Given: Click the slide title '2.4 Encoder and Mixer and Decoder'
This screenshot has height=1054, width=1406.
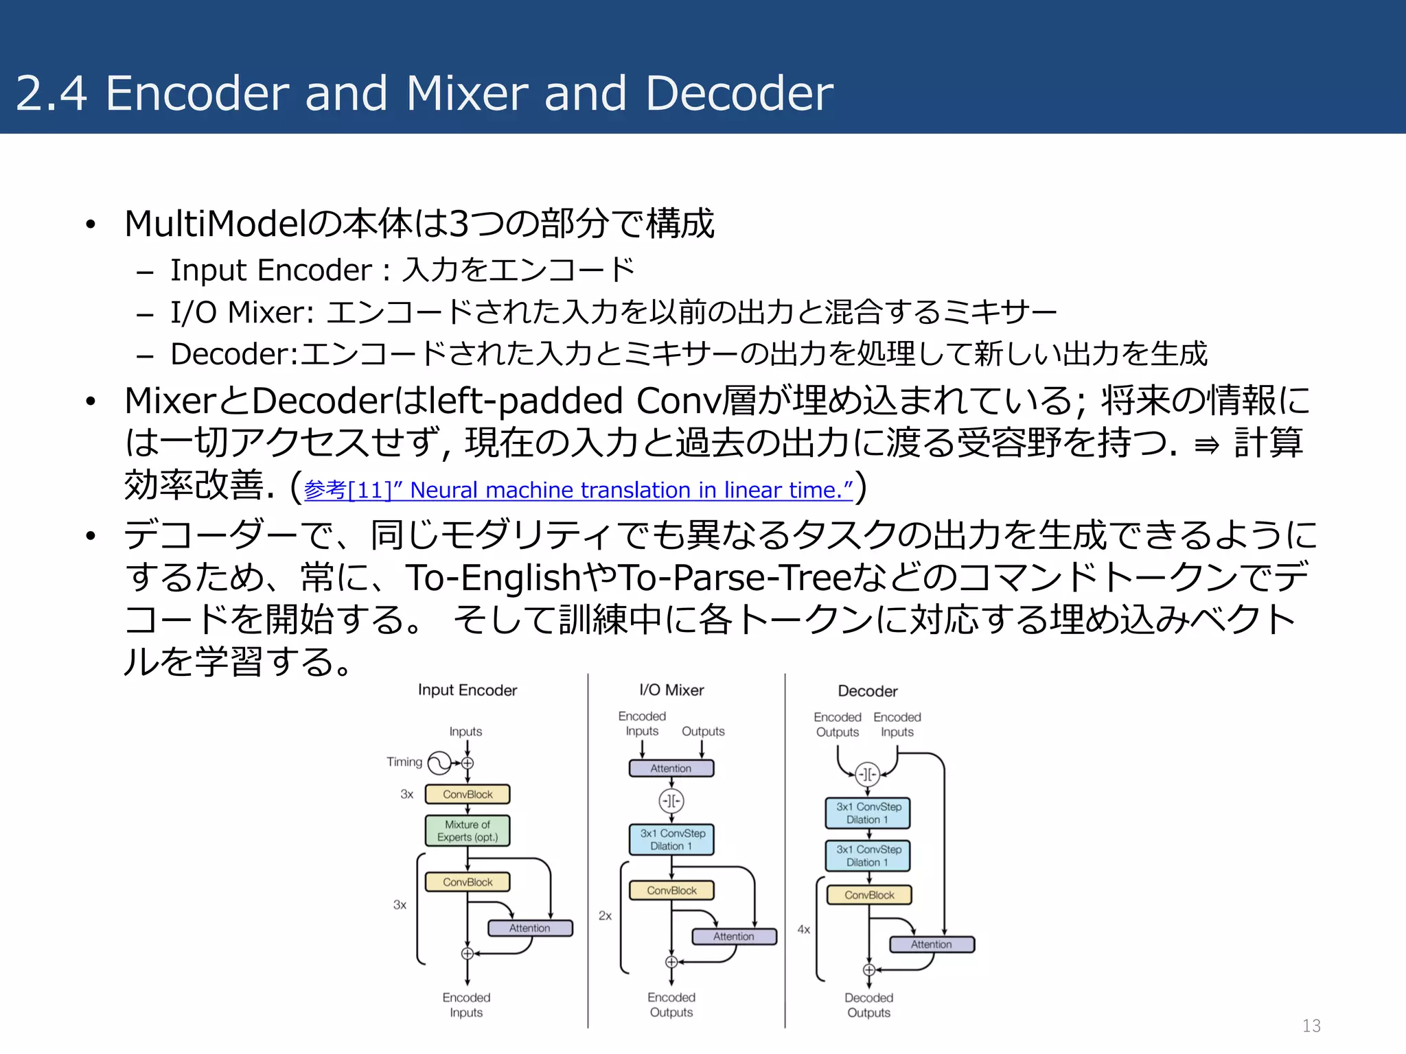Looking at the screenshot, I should coord(424,93).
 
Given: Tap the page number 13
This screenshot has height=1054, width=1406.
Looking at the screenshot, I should coord(1311,1026).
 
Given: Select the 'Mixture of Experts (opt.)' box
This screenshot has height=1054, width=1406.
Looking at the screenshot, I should coord(468,831).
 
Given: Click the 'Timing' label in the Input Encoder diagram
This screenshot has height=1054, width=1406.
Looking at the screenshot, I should coord(404,762).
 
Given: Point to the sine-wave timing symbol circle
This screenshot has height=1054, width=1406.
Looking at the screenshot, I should coord(439,762).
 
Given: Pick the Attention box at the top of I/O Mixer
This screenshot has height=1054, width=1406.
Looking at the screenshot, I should coord(671,769).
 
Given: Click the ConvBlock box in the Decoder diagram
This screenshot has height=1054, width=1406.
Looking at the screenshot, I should coord(869,895).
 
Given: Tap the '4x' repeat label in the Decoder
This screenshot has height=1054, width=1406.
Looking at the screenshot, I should coord(803,929).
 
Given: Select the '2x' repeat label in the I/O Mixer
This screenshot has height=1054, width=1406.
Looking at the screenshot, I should coord(605,915).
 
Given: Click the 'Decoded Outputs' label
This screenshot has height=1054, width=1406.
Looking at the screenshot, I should coord(868,1005).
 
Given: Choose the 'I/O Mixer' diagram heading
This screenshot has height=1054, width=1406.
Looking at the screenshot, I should coord(671,690).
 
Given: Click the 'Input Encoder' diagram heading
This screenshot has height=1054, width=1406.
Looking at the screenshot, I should coord(468,690).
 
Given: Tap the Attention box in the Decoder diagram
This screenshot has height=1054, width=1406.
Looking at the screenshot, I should coord(932,944).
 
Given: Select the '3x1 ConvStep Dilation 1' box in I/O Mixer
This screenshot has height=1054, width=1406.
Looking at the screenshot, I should coord(672,839).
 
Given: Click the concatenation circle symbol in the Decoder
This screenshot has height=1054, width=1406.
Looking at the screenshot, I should coord(868,774).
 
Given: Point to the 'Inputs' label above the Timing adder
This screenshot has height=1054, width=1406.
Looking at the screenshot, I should coord(465,731).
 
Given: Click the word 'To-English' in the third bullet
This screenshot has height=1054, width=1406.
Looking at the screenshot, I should coord(493,578).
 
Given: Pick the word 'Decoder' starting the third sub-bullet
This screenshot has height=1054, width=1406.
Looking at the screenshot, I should coord(231,354).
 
